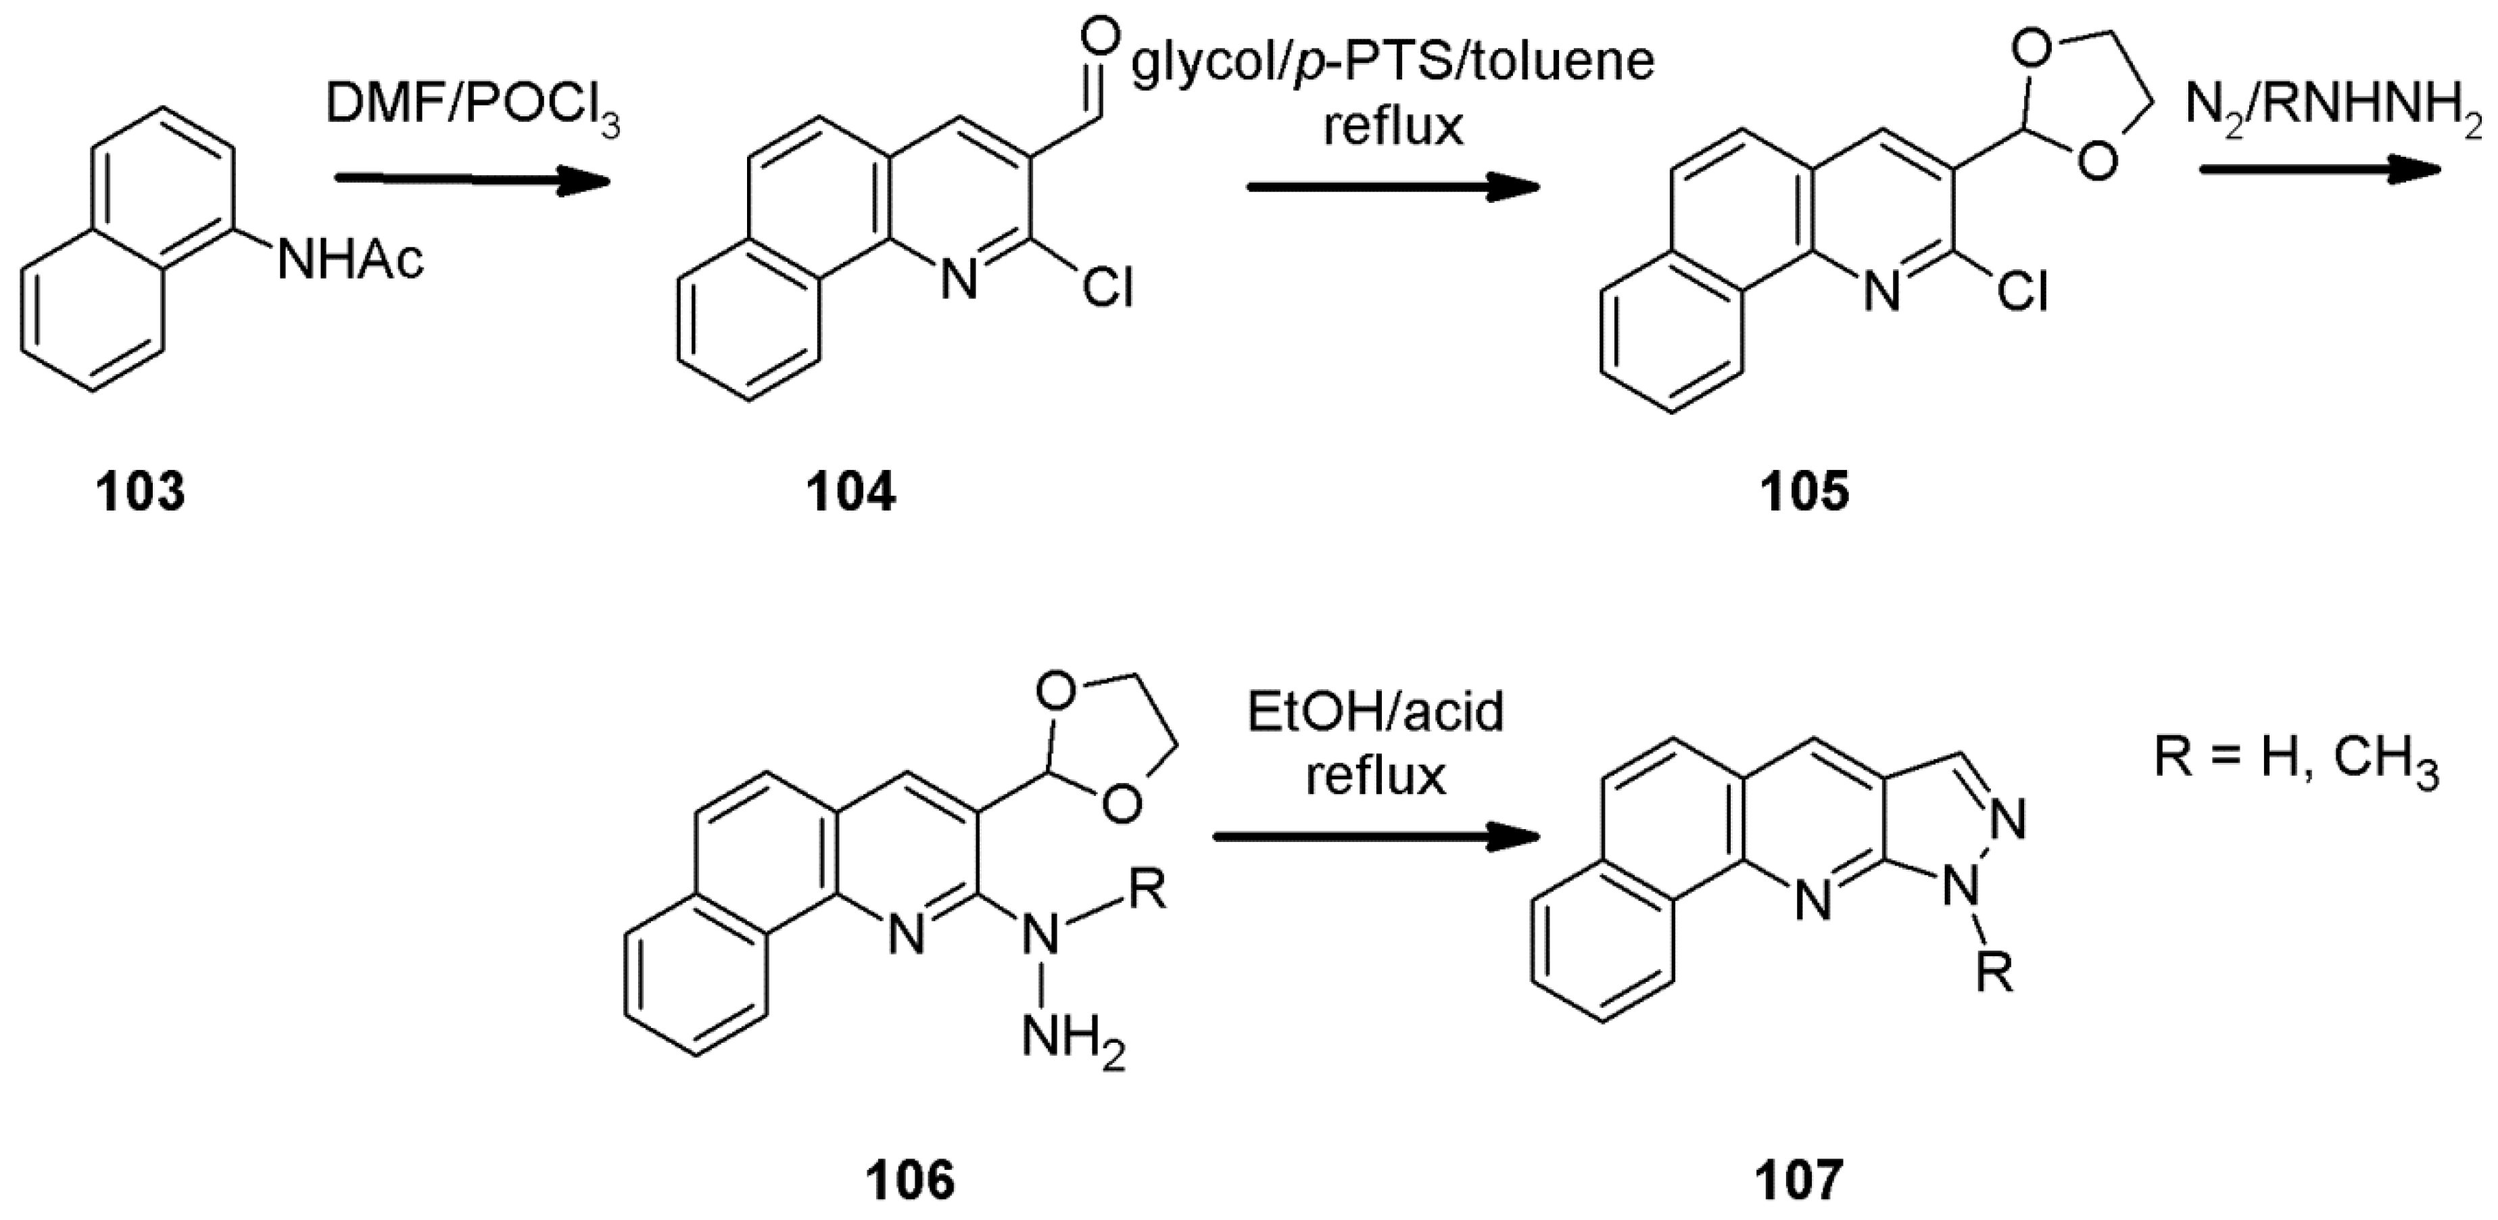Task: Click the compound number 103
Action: (140, 492)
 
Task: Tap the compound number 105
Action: (1806, 492)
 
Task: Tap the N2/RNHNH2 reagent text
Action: (2337, 114)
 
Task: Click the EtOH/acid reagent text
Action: (1375, 713)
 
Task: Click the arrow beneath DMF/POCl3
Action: (471, 181)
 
